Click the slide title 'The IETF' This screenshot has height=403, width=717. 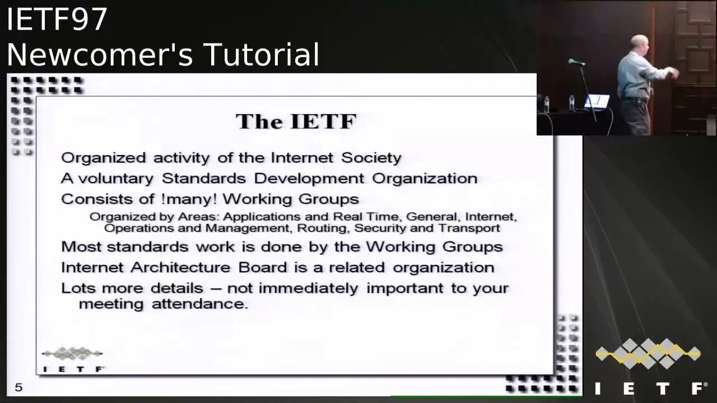coord(296,121)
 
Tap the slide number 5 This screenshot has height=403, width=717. coord(18,387)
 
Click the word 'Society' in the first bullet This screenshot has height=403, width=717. coord(371,158)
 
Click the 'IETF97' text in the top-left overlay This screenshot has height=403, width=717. coord(57,20)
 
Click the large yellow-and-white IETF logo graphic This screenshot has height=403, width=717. coord(648,354)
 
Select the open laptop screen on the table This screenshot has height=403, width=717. coord(597,101)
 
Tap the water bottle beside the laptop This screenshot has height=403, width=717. coord(571,102)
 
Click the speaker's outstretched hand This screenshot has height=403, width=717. coord(674,73)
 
